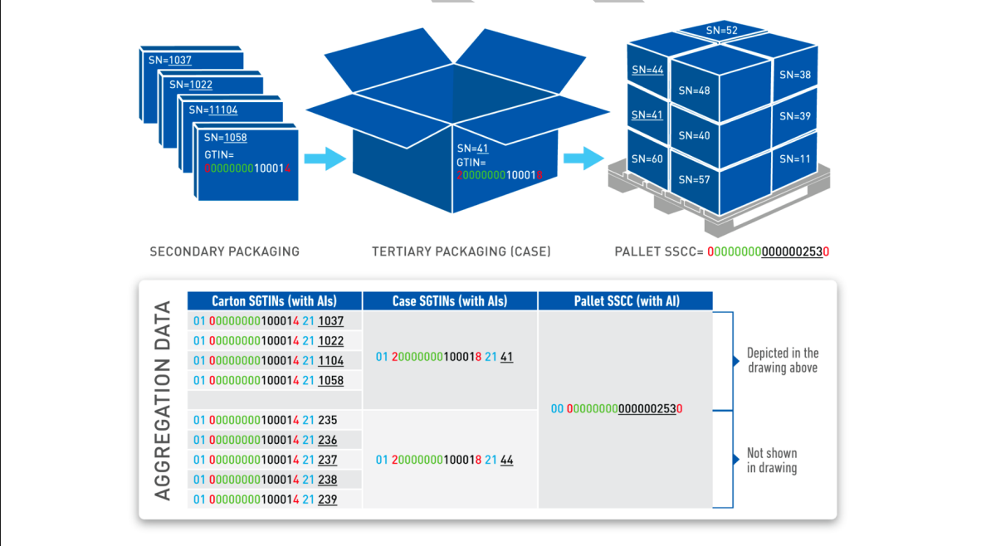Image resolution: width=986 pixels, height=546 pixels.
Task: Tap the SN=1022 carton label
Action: click(191, 85)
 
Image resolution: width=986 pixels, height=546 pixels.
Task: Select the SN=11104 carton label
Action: click(213, 110)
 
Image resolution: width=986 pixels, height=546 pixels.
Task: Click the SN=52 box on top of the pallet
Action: click(722, 31)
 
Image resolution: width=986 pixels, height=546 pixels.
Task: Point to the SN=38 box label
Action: click(795, 75)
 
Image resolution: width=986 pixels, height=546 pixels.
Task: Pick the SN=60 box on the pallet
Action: click(647, 158)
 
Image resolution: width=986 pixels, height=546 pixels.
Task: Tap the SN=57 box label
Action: click(694, 179)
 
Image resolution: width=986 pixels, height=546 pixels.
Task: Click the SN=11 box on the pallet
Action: click(795, 158)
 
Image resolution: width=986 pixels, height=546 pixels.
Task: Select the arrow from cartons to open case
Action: click(325, 158)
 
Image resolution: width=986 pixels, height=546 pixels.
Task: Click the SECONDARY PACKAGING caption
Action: click(224, 251)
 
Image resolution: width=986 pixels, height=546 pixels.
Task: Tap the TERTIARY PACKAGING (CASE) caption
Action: click(461, 251)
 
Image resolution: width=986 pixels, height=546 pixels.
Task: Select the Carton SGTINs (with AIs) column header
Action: click(274, 301)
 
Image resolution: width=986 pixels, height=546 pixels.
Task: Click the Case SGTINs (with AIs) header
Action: click(450, 301)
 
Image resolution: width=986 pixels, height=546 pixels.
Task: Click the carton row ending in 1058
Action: click(268, 380)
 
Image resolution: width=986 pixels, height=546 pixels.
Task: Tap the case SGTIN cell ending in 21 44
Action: click(444, 460)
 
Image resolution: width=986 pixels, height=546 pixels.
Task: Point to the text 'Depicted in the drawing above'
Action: click(782, 360)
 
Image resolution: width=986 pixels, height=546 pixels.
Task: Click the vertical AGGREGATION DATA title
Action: click(163, 400)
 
